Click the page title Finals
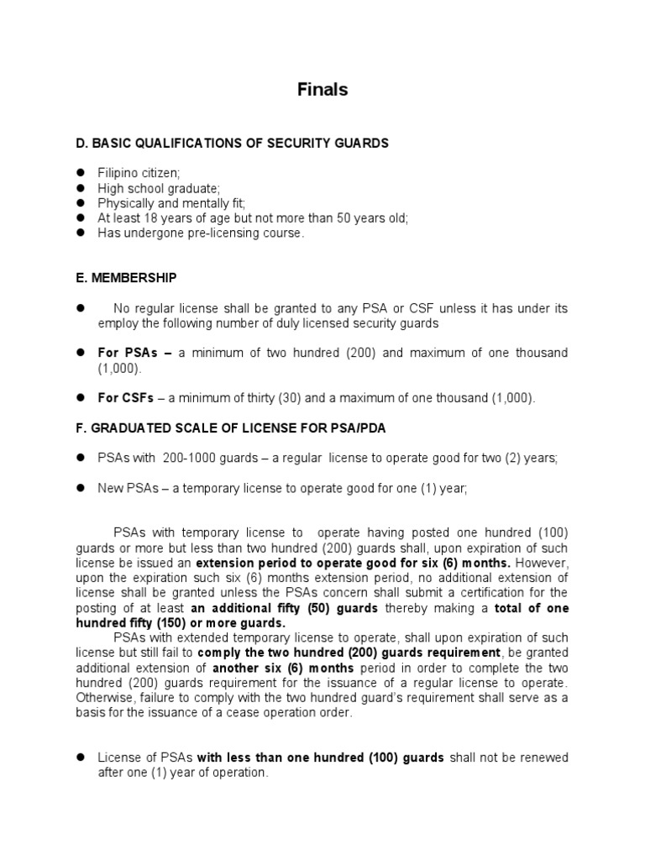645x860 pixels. [x=322, y=90]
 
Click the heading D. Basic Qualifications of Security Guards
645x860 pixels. [x=233, y=144]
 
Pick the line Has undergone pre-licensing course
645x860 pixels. [x=201, y=233]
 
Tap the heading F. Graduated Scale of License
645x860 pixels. [x=231, y=429]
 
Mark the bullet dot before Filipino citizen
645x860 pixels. [x=81, y=172]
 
